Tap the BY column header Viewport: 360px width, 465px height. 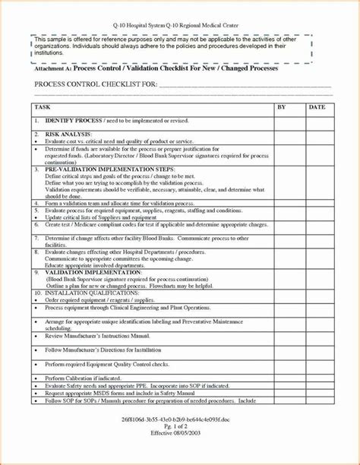click(281, 108)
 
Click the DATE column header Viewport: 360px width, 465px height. click(317, 108)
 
